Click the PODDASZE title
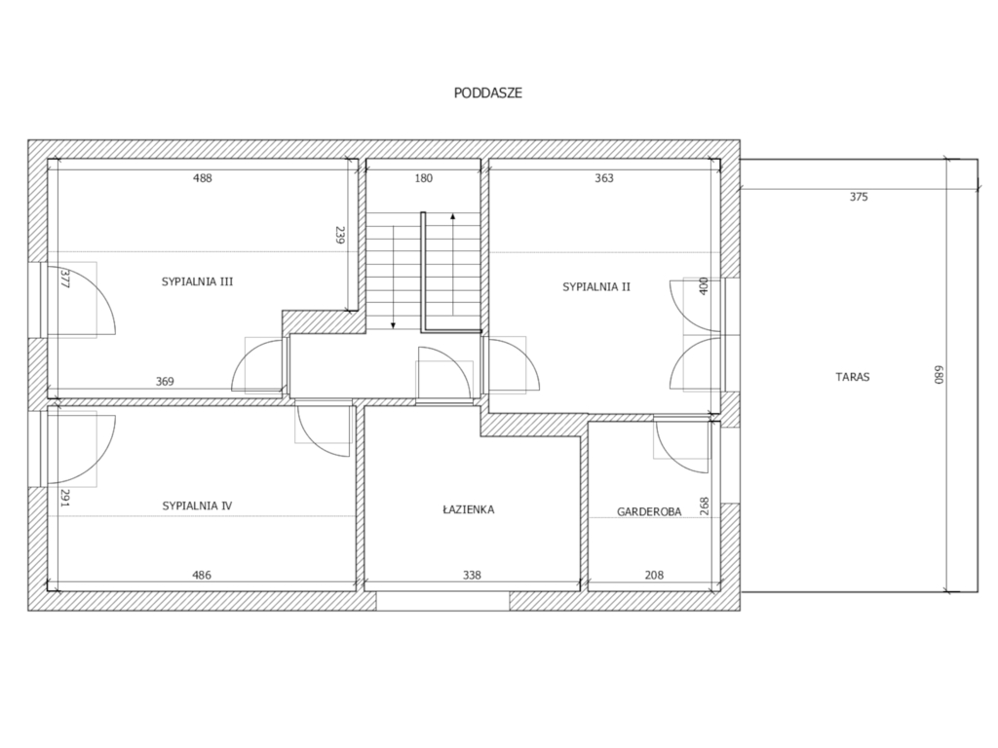pyautogui.click(x=488, y=93)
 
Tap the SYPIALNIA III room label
pyautogui.click(x=197, y=281)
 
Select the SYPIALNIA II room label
pyautogui.click(x=596, y=287)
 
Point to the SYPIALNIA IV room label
pyautogui.click(x=197, y=505)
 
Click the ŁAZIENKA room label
pyautogui.click(x=469, y=508)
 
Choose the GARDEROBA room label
pyautogui.click(x=649, y=511)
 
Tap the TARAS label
pyautogui.click(x=852, y=377)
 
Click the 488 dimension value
pyautogui.click(x=203, y=178)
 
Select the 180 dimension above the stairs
pyautogui.click(x=423, y=178)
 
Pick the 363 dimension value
pyautogui.click(x=604, y=178)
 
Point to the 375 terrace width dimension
pyautogui.click(x=859, y=197)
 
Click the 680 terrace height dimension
pyautogui.click(x=939, y=374)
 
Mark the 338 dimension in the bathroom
pyautogui.click(x=472, y=575)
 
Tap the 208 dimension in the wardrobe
pyautogui.click(x=654, y=575)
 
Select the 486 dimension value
pyautogui.click(x=202, y=575)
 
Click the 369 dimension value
pyautogui.click(x=165, y=382)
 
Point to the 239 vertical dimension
pyautogui.click(x=339, y=236)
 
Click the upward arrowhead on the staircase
pyautogui.click(x=452, y=216)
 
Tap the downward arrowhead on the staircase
pyautogui.click(x=394, y=325)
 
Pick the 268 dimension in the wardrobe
pyautogui.click(x=704, y=506)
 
